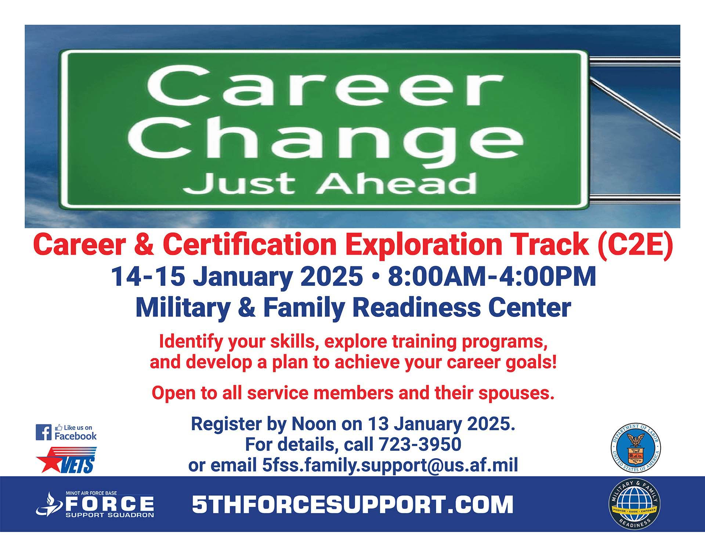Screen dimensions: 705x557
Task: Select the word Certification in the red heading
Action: click(x=250, y=244)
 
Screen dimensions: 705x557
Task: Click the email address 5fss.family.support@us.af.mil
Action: click(x=390, y=465)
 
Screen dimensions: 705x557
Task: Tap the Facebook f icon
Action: click(x=43, y=432)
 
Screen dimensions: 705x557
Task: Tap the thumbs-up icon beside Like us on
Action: click(x=58, y=427)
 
